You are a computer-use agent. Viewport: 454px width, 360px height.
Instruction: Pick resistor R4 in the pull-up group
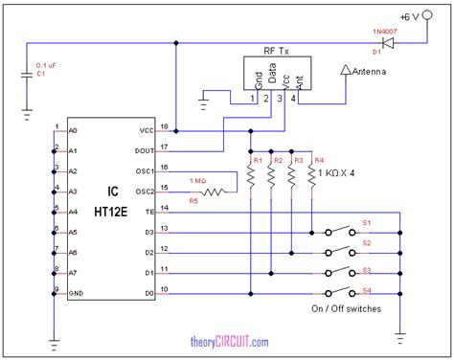pyautogui.click(x=311, y=176)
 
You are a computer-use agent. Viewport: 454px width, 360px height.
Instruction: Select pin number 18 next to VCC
pyautogui.click(x=164, y=125)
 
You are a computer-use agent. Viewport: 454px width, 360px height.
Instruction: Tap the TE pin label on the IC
pyautogui.click(x=147, y=210)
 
